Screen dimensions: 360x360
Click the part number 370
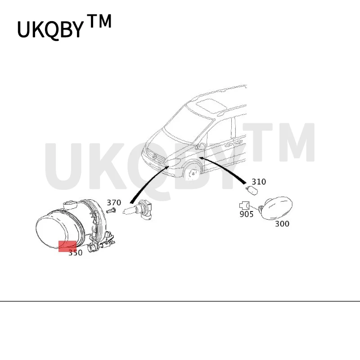coord(114,203)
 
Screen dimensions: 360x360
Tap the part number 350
coord(76,253)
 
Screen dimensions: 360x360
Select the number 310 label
coord(259,182)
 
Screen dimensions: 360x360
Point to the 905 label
coord(246,214)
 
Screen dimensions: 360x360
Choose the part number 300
coord(282,224)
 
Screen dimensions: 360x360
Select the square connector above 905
coord(245,205)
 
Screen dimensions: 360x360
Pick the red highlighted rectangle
coord(68,246)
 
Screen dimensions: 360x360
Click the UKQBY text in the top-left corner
coord(50,29)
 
